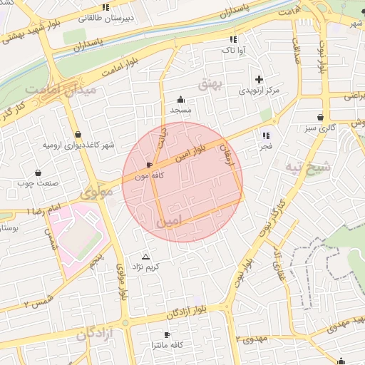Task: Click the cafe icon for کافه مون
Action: coord(149,165)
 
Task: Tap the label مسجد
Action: coord(180,110)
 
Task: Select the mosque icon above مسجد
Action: coord(180,99)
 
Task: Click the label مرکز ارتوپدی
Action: coord(257,91)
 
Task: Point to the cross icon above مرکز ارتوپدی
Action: coord(258,79)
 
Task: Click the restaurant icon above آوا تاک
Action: coord(232,40)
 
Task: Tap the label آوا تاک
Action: coord(232,51)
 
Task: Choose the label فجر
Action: coord(266,145)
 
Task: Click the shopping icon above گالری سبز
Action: coord(321,117)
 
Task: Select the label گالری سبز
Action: coord(321,128)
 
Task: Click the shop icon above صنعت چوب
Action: coord(37,173)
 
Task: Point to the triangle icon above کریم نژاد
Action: coord(146,256)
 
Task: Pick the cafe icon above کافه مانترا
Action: coord(168,334)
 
